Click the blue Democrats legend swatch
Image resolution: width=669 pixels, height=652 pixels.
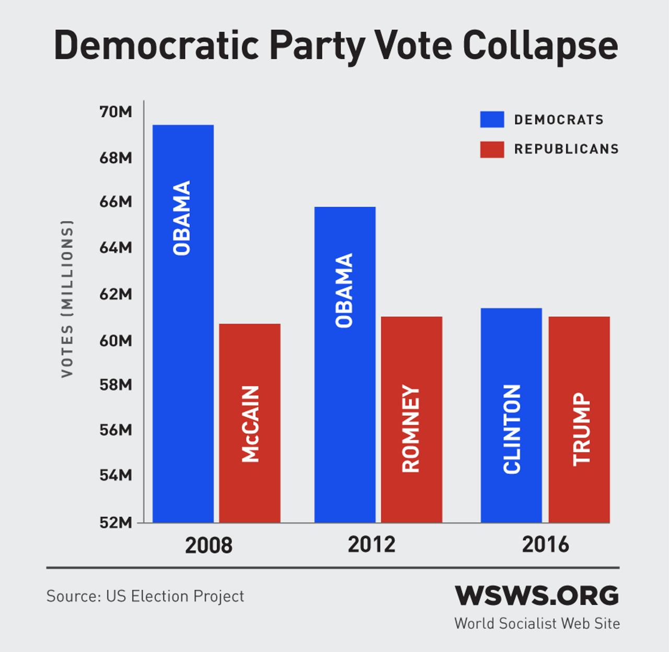pyautogui.click(x=492, y=119)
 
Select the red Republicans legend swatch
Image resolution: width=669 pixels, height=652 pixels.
pyautogui.click(x=492, y=149)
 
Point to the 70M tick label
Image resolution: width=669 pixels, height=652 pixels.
pyautogui.click(x=116, y=111)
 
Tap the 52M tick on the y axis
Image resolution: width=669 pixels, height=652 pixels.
pyautogui.click(x=116, y=522)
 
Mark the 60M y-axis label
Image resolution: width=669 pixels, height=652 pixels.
pyautogui.click(x=116, y=340)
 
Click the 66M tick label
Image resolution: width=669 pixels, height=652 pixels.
pyautogui.click(x=116, y=201)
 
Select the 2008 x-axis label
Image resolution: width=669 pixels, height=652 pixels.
pyautogui.click(x=209, y=545)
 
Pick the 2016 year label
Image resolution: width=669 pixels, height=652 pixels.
pyautogui.click(x=545, y=544)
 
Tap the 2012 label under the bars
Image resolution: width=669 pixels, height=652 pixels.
pyautogui.click(x=371, y=544)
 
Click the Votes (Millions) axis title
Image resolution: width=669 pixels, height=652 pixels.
pyautogui.click(x=67, y=298)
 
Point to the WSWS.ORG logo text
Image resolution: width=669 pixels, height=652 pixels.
pyautogui.click(x=537, y=596)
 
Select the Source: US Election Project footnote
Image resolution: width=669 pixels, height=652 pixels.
pyautogui.click(x=145, y=596)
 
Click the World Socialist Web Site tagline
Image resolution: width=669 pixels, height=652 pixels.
pyautogui.click(x=537, y=623)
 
